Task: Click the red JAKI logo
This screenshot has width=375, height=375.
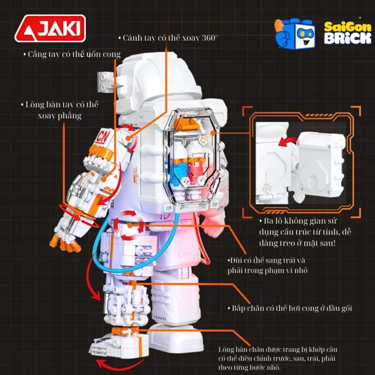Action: click(x=50, y=28)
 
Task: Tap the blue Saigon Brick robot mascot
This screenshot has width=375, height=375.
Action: click(x=295, y=34)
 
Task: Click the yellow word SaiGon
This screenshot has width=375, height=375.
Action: click(x=348, y=27)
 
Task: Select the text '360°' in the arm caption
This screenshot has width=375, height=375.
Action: click(x=210, y=38)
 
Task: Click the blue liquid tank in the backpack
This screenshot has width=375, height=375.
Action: click(x=178, y=169)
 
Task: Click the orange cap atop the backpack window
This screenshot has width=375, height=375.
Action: click(x=186, y=124)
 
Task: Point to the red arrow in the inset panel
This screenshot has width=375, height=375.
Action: click(x=287, y=141)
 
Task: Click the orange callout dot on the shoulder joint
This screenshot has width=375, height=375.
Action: click(x=129, y=138)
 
